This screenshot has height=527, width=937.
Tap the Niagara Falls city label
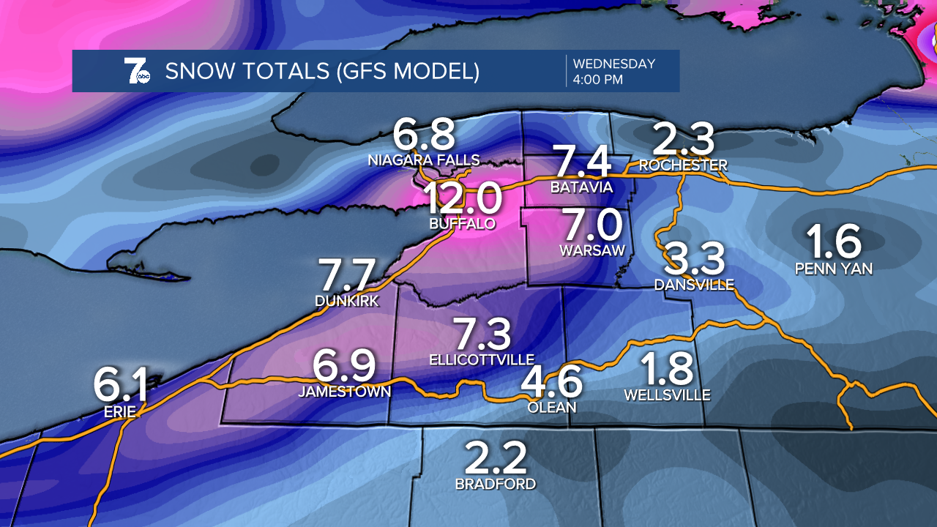424,160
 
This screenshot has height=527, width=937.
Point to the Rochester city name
683,165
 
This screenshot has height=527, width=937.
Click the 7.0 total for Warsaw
591,225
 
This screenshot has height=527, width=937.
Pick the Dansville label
694,285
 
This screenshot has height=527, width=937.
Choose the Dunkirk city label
347,301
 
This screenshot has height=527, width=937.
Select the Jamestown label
345,392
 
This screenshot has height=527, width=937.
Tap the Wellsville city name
667,395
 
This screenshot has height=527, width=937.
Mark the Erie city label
120,411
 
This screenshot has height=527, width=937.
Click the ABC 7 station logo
137,71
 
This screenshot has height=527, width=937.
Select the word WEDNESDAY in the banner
614,64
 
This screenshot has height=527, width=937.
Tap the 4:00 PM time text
598,80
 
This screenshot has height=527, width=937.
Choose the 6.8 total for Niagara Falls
424,135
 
